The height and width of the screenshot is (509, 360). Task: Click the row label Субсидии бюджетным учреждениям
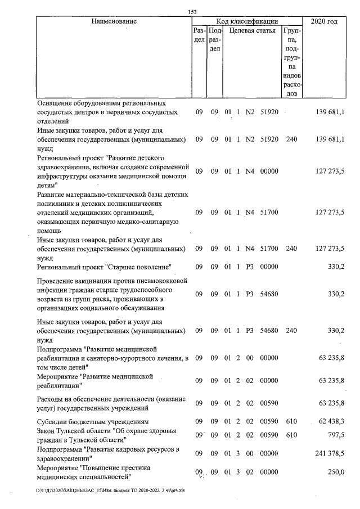click(92, 421)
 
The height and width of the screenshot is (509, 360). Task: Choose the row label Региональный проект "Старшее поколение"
click(103, 266)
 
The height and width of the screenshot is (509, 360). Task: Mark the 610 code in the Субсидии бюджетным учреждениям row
click(291, 421)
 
